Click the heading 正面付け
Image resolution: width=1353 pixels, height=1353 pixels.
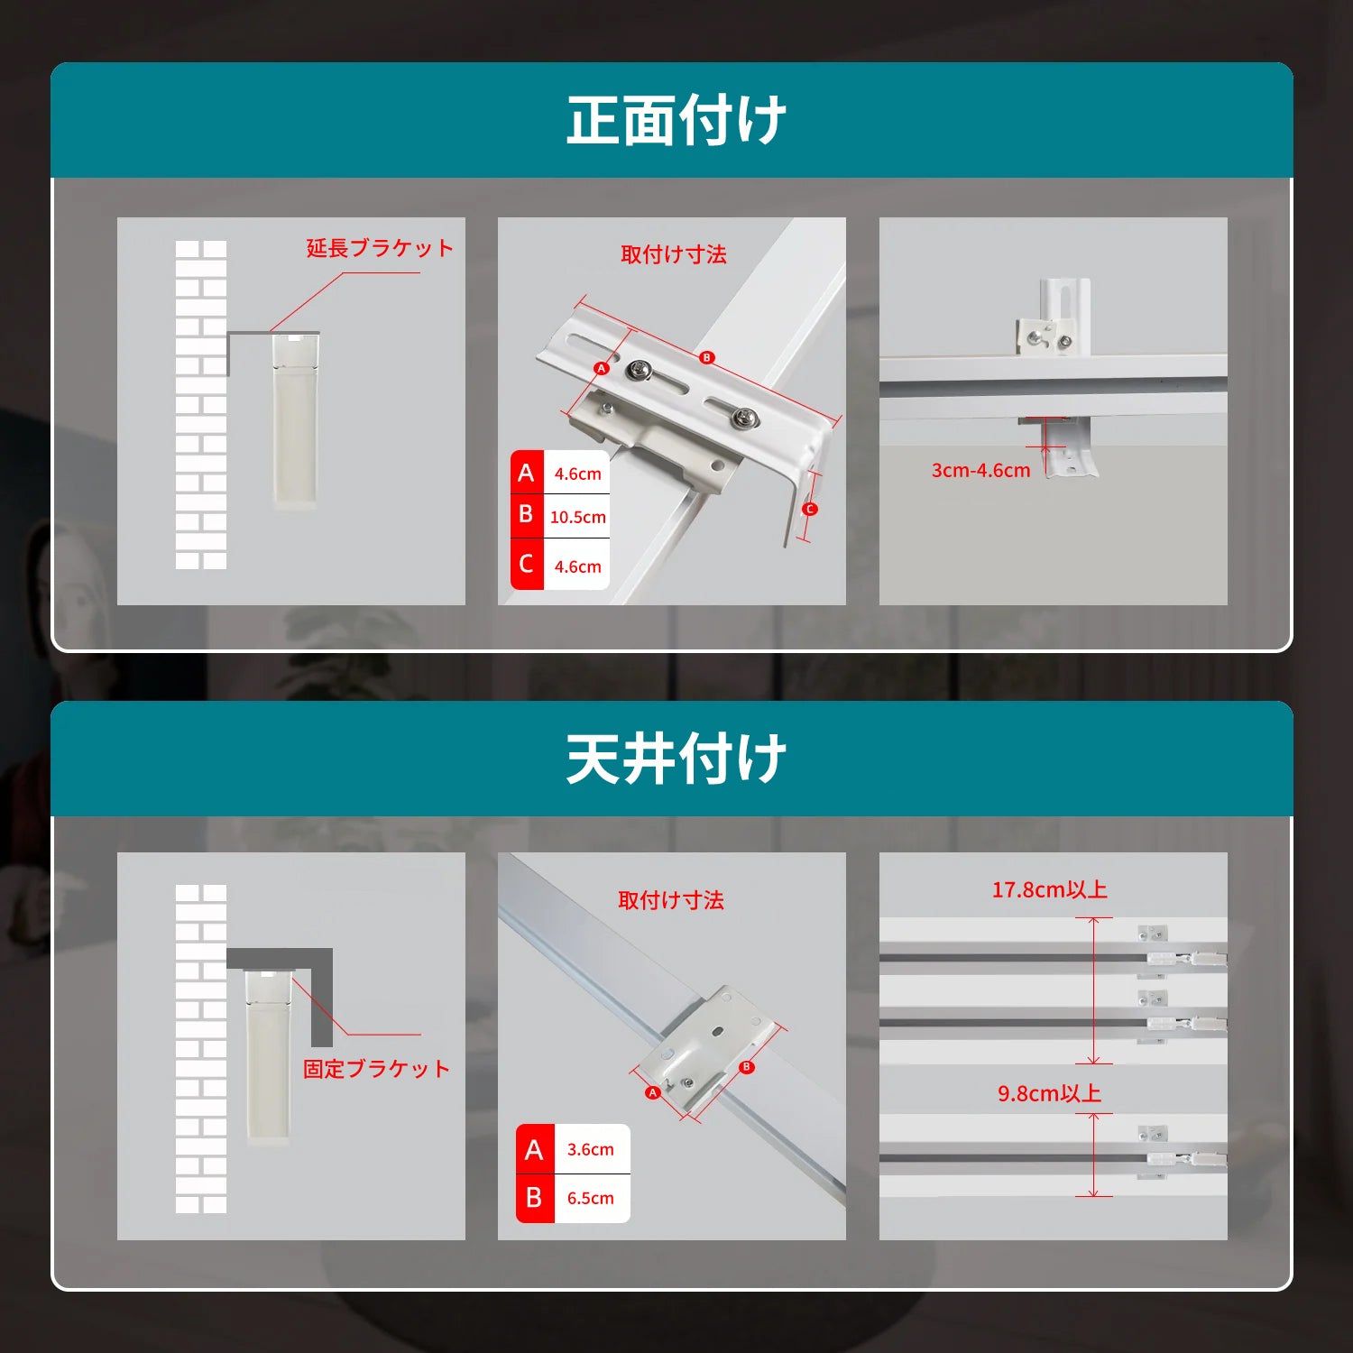pos(676,120)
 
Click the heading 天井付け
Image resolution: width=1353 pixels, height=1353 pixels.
pos(676,759)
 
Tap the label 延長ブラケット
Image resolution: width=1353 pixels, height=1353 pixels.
pos(380,248)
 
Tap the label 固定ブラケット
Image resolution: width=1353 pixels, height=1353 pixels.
pos(376,1069)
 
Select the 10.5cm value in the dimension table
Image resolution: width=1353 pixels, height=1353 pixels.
pos(578,517)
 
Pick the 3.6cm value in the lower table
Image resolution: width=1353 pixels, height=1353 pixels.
pos(591,1149)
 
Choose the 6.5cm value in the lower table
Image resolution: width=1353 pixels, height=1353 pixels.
pos(591,1198)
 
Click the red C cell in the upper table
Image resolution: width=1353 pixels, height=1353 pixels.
pos(527,565)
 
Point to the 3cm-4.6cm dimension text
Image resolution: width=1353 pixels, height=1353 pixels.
pos(980,470)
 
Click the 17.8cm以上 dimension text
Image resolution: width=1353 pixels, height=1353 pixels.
pos(1049,889)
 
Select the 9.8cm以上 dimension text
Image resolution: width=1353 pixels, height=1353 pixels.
pos(1049,1093)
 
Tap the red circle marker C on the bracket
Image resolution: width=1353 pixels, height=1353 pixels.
pos(810,509)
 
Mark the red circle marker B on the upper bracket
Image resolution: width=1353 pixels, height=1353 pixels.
pos(707,357)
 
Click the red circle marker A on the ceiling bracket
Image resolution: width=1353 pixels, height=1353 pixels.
pos(653,1092)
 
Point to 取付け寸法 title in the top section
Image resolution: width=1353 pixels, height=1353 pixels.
pos(673,254)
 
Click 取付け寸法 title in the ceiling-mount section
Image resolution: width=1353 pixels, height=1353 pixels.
pos(671,900)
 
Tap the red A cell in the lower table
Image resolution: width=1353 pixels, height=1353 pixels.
pos(535,1149)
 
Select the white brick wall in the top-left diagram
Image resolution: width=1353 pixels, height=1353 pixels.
pos(201,405)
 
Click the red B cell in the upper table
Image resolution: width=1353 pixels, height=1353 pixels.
pos(527,515)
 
